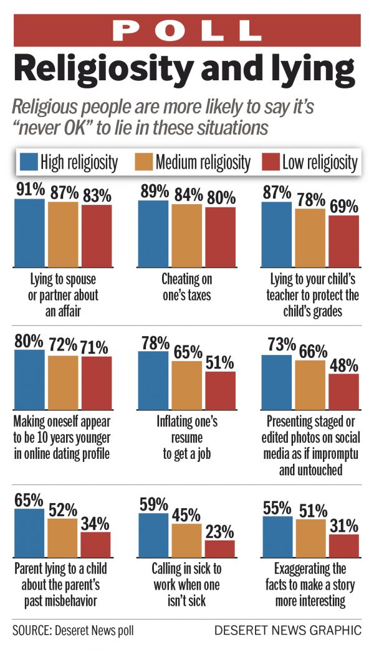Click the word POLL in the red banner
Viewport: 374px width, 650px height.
tap(187, 29)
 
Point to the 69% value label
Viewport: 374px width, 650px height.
tap(344, 205)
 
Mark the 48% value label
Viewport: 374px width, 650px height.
tap(344, 363)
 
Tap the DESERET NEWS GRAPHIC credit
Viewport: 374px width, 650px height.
tap(287, 631)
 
